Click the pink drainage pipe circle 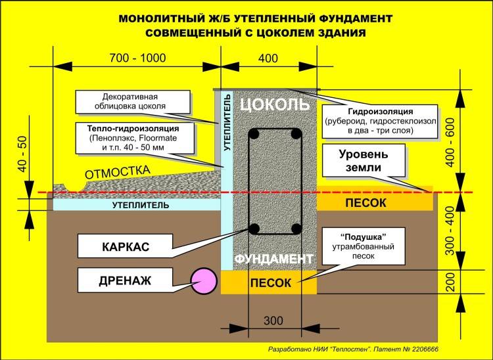(204, 281)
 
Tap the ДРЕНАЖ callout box (125, 280)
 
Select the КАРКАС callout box (125, 246)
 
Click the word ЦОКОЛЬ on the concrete (275, 104)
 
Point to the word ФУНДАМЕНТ (274, 259)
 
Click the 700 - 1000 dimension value (137, 58)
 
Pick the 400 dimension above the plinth (268, 58)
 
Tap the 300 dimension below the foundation (273, 321)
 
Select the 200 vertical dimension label (451, 282)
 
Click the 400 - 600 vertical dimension (450, 142)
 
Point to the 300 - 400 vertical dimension (450, 231)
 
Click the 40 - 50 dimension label (23, 154)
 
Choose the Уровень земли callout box (364, 160)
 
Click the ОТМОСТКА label (118, 172)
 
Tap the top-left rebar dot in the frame (254, 135)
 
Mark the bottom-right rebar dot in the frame (296, 229)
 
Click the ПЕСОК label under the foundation (271, 283)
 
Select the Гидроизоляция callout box (380, 122)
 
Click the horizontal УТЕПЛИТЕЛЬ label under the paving (141, 206)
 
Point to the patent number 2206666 (425, 349)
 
